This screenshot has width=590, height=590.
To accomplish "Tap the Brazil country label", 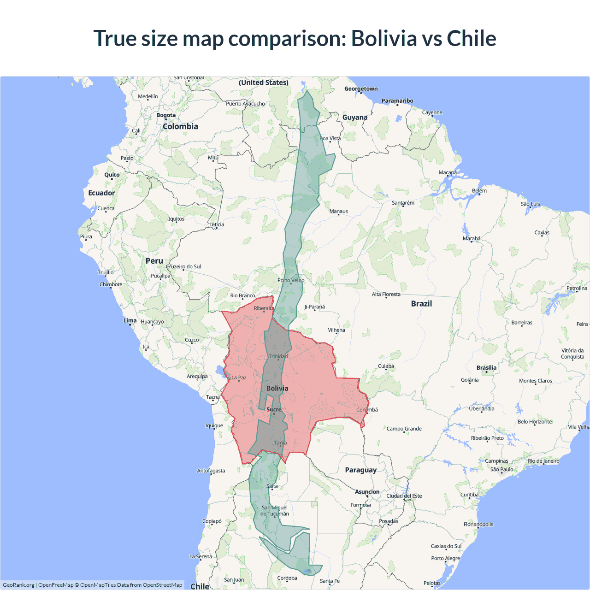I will coord(421,304).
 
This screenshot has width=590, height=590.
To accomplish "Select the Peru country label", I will coord(154,261).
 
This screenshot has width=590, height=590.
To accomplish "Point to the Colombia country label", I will coord(180,126).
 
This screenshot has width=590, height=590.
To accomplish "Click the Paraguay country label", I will coord(360,470).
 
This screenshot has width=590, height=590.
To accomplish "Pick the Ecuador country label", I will coord(101,193).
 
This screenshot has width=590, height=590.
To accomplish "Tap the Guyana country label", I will coord(355,118).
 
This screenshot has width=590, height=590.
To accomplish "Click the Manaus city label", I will coord(338,211).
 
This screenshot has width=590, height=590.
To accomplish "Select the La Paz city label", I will coord(239,378).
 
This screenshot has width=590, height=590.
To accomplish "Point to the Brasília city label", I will coord(486,368).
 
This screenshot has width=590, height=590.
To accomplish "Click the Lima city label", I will coord(130,320).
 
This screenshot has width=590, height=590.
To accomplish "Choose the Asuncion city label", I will coord(367,492).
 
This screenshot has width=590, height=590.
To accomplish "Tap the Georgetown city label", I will coord(361,88).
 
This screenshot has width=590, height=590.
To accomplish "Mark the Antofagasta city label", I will coord(211,471).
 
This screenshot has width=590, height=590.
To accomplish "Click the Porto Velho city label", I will coord(291,280).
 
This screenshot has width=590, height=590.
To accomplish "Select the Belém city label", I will coord(479,191).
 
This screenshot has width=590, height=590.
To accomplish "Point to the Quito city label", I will coord(112,175).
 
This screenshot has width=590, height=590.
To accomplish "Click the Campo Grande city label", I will coord(404,429).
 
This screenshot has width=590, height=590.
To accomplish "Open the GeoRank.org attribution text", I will coord(18,585).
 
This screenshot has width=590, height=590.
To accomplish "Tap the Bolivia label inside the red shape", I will coord(277,389).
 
